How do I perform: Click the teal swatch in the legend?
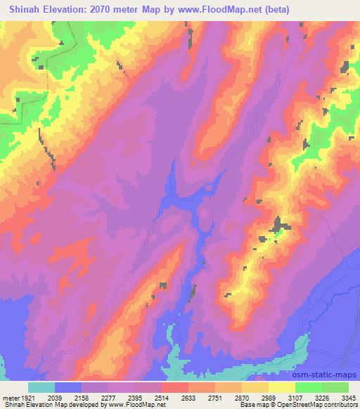(41, 387)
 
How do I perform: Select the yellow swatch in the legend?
(282, 387)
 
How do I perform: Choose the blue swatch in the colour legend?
(68, 387)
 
